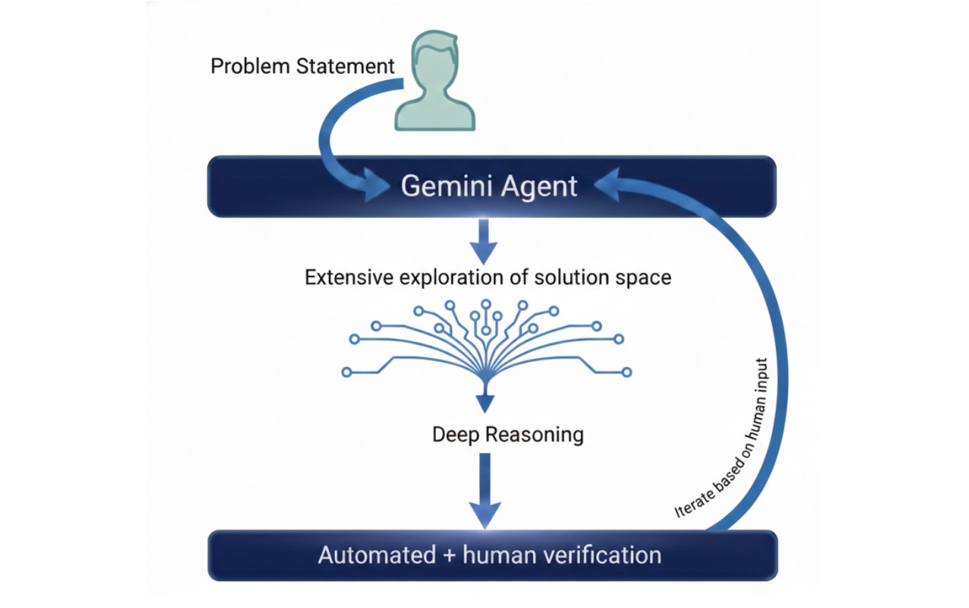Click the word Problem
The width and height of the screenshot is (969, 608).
tap(250, 66)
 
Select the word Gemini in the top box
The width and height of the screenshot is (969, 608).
tap(446, 186)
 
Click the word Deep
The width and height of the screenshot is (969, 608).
tap(456, 434)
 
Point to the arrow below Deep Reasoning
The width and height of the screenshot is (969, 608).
tap(485, 490)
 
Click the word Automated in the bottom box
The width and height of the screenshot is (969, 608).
tap(377, 555)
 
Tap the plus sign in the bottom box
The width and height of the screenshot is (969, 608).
tap(450, 556)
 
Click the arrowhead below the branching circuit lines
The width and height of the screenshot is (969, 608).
tap(485, 403)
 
